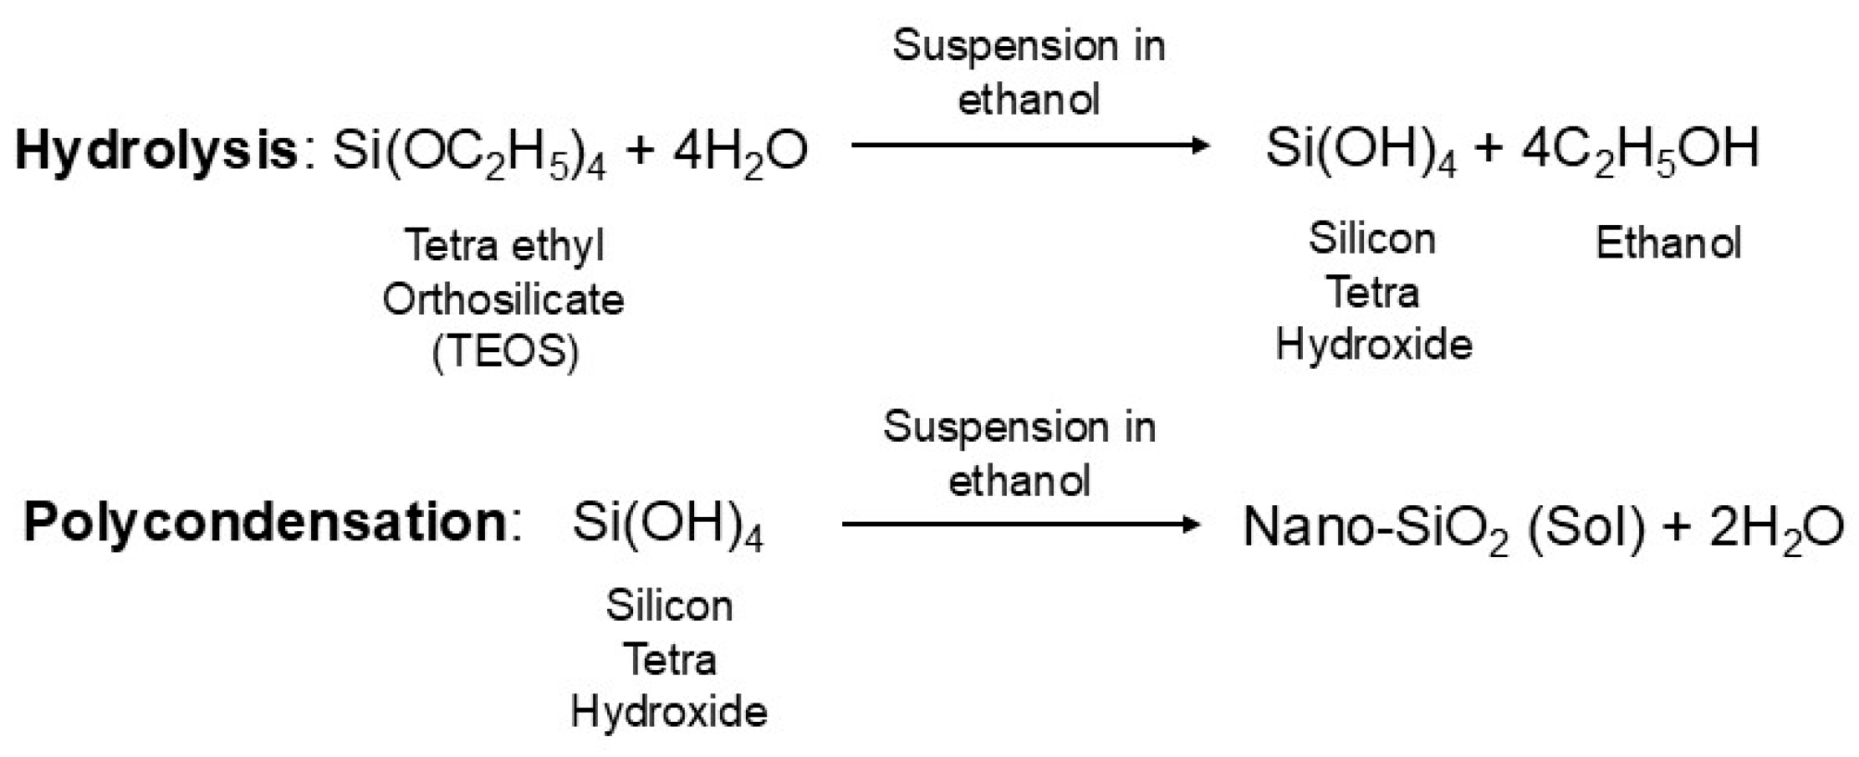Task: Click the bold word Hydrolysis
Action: tap(156, 151)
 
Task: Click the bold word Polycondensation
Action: tap(265, 523)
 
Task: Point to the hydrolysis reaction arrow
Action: tap(1029, 146)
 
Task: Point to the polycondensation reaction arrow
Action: tap(1020, 524)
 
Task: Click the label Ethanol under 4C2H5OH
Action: tap(1667, 243)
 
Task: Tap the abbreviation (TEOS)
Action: tap(505, 352)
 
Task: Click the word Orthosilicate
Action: tap(503, 299)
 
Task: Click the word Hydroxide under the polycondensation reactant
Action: tap(669, 712)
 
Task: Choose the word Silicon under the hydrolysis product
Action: tap(1371, 239)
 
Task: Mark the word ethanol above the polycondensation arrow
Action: tap(1019, 481)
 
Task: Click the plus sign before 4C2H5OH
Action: tap(1488, 149)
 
